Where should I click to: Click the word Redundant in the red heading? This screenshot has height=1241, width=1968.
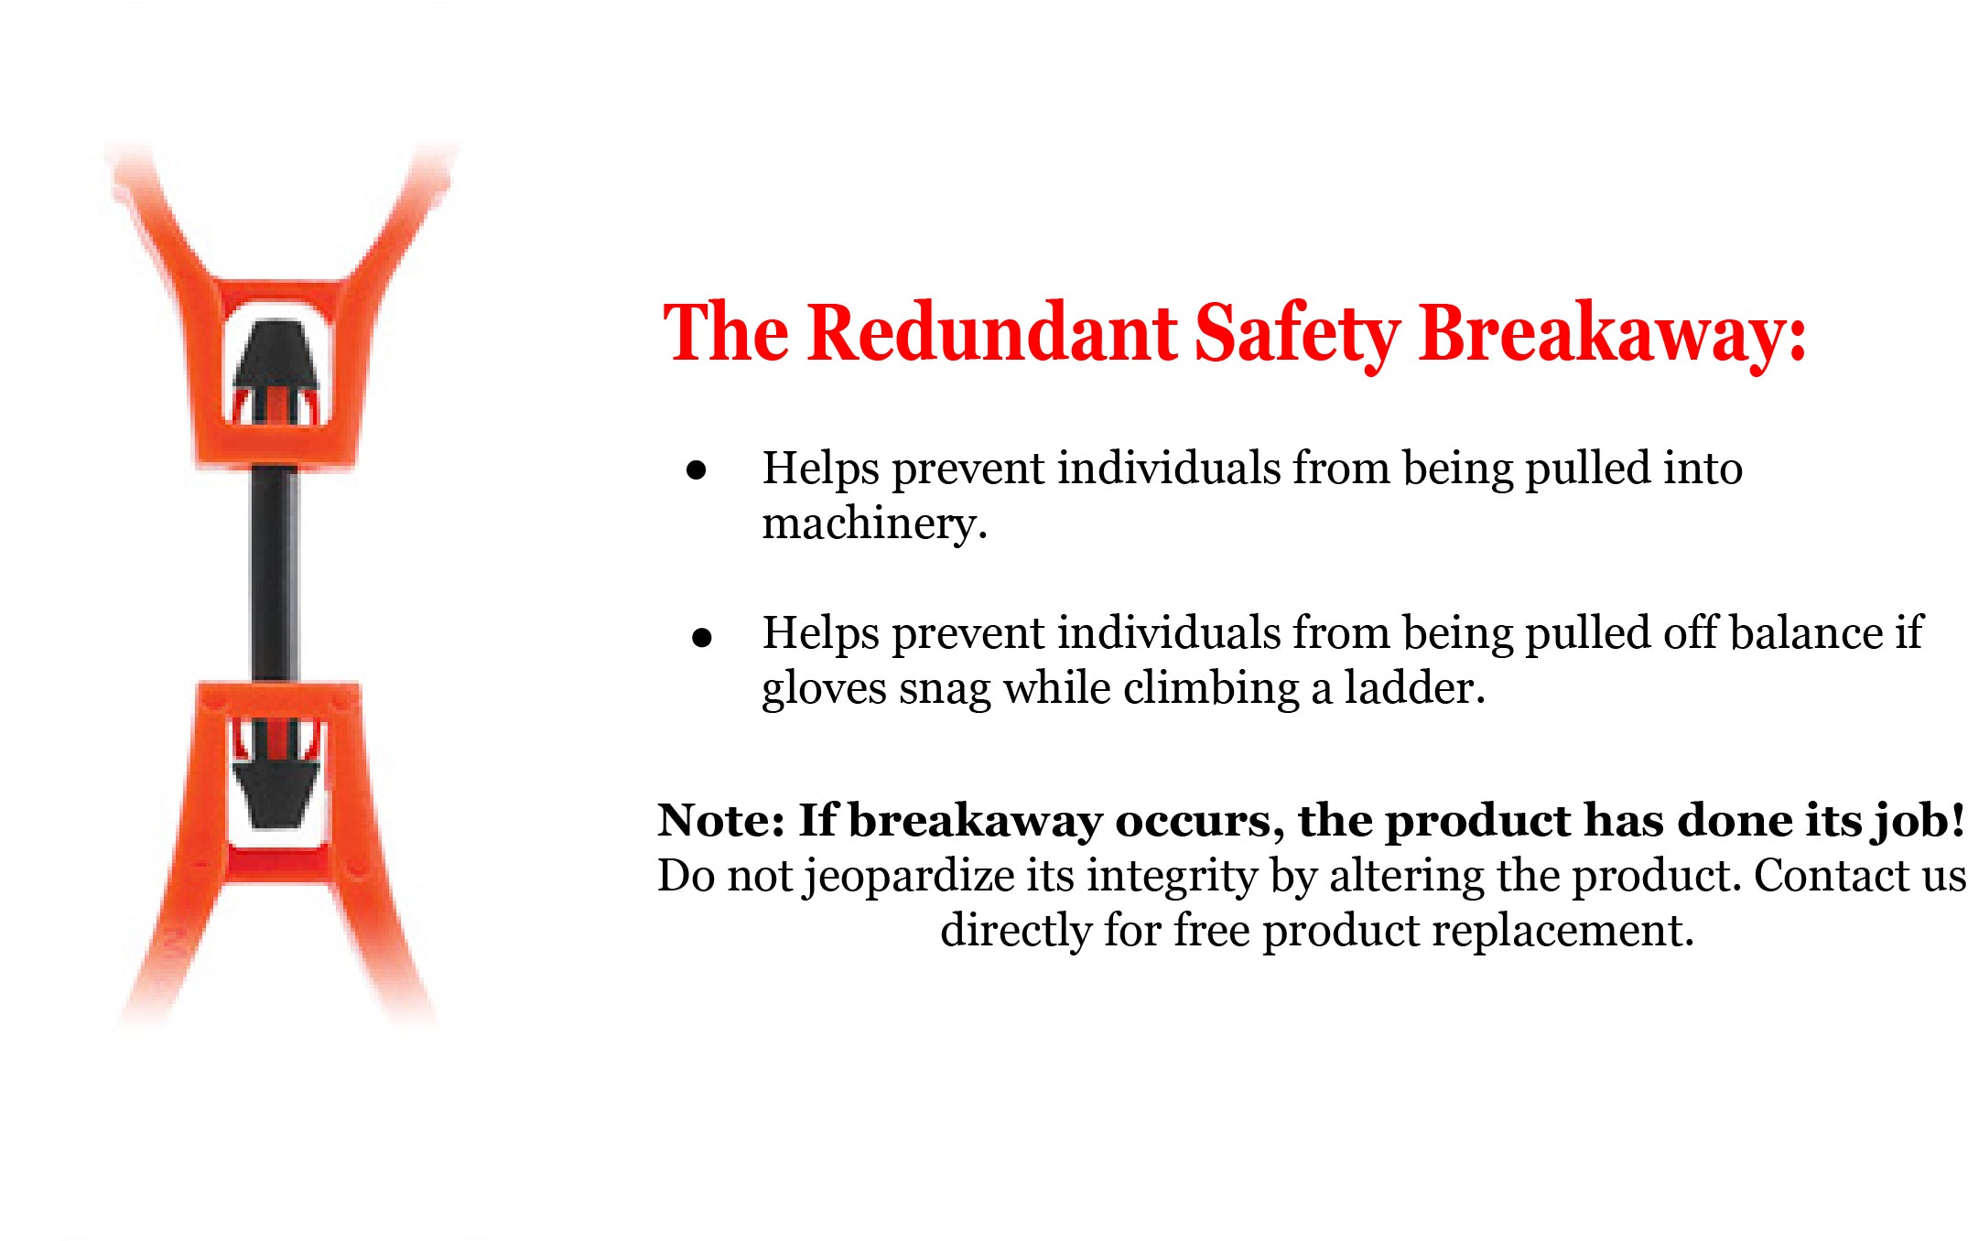pyautogui.click(x=993, y=332)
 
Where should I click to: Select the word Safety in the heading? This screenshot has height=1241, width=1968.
pyautogui.click(x=1297, y=336)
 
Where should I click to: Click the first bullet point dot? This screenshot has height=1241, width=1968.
pyautogui.click(x=697, y=470)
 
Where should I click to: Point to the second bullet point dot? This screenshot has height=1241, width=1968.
pyautogui.click(x=702, y=637)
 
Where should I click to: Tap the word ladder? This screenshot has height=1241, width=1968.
pyautogui.click(x=1414, y=688)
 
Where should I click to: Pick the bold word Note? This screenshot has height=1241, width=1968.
pyautogui.click(x=721, y=820)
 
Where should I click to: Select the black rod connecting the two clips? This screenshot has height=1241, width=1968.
pyautogui.click(x=275, y=574)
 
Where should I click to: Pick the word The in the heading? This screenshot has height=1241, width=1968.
pyautogui.click(x=726, y=332)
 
